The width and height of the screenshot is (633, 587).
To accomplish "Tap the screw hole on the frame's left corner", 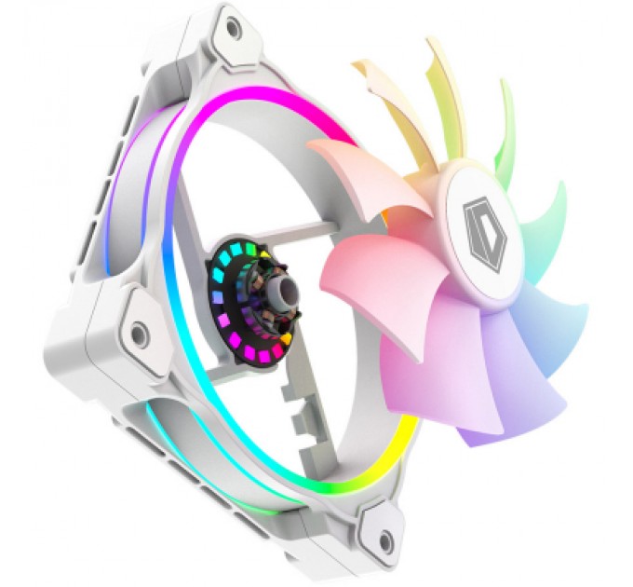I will [139, 331].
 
